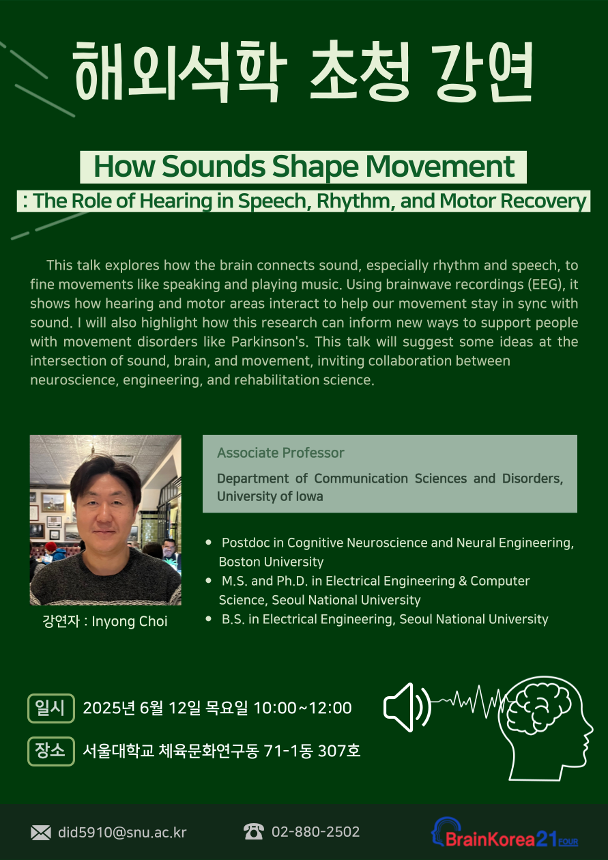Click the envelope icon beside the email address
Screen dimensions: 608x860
41,833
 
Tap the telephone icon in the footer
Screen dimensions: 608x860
254,831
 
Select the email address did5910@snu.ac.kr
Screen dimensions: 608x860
122,833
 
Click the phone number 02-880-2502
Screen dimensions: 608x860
315,831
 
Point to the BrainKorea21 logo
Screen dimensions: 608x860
504,833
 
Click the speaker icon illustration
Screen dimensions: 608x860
407,707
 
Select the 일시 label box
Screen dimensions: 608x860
51,708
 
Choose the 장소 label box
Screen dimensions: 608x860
51,751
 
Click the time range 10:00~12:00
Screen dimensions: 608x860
302,708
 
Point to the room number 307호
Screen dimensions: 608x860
339,751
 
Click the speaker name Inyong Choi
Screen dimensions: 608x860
130,621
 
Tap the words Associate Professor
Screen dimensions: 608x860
280,453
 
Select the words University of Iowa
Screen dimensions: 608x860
270,496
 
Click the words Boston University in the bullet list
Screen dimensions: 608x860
271,562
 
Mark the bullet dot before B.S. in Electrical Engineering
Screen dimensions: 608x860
208,618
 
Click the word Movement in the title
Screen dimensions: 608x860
440,167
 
